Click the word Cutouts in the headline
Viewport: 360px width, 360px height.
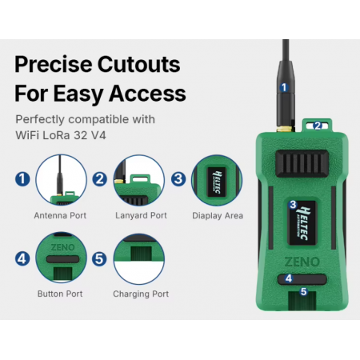138,64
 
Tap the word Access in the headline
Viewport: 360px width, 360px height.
147,93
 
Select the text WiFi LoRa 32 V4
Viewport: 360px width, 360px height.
61,135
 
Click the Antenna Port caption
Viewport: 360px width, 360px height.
60,215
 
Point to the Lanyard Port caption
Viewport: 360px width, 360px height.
141,215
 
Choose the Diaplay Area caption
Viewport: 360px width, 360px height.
218,215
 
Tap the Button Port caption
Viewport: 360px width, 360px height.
60,294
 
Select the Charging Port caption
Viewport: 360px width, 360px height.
141,294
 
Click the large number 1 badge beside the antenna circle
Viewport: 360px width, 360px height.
22,179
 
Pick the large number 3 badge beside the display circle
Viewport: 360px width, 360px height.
178,178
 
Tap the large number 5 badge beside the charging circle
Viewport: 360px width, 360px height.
99,259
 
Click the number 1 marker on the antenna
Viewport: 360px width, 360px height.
284,87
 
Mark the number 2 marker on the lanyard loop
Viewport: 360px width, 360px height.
318,126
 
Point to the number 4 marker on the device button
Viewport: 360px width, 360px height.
289,278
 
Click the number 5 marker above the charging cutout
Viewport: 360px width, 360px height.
303,291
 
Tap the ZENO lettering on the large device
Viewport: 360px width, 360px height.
302,262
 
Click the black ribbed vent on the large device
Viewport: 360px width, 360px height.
302,163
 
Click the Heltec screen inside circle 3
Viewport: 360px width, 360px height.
217,182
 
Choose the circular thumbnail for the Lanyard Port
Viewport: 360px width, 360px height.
138,180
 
